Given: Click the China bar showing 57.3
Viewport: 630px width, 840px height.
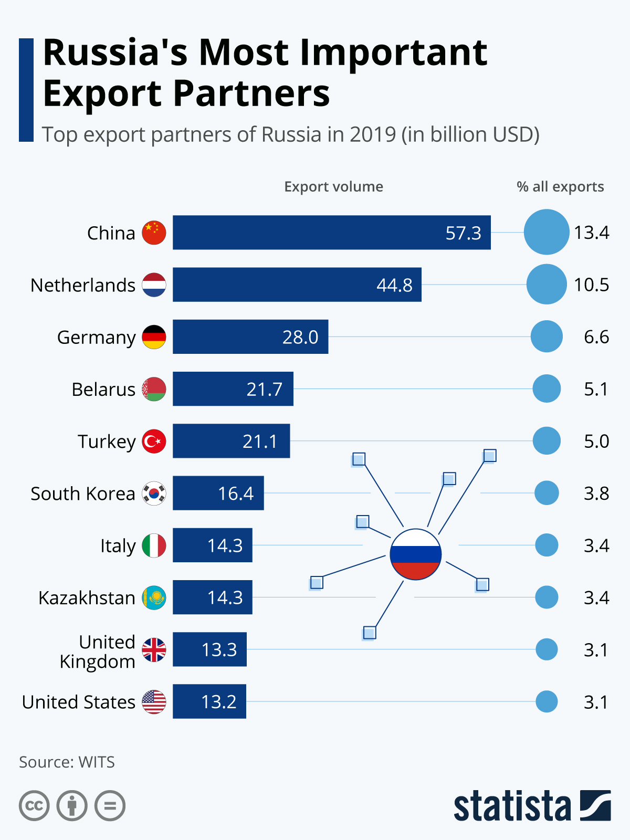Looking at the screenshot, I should click(332, 233).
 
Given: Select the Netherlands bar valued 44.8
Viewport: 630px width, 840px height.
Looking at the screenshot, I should click(297, 285).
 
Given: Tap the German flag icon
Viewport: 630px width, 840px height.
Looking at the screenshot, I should click(154, 337).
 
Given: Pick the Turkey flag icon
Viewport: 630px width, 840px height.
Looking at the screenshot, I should click(154, 441).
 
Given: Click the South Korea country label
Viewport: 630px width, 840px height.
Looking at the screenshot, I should click(83, 493).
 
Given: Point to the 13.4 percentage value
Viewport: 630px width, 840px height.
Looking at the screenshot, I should click(591, 233).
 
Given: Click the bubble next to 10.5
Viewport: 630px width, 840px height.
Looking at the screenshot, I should click(547, 285).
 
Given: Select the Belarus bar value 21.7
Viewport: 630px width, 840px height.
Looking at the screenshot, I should click(265, 389).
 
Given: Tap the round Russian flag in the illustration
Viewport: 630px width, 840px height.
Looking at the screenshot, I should click(416, 554).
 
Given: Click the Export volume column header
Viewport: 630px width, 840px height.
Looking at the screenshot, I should click(333, 187).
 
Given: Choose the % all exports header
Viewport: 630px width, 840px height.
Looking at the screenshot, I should click(560, 187).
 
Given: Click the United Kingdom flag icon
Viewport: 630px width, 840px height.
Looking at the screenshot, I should click(154, 649).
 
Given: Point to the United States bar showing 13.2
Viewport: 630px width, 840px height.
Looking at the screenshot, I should click(209, 701).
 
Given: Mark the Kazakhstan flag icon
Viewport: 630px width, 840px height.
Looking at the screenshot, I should click(154, 597).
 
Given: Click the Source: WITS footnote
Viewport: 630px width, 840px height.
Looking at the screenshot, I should click(67, 762).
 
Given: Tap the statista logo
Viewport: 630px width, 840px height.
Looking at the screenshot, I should click(532, 806).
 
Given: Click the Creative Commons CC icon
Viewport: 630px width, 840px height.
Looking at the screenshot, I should click(34, 805).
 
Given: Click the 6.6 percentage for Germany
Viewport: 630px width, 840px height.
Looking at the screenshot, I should click(596, 337).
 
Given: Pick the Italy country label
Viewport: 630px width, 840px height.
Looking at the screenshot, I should click(118, 546).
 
